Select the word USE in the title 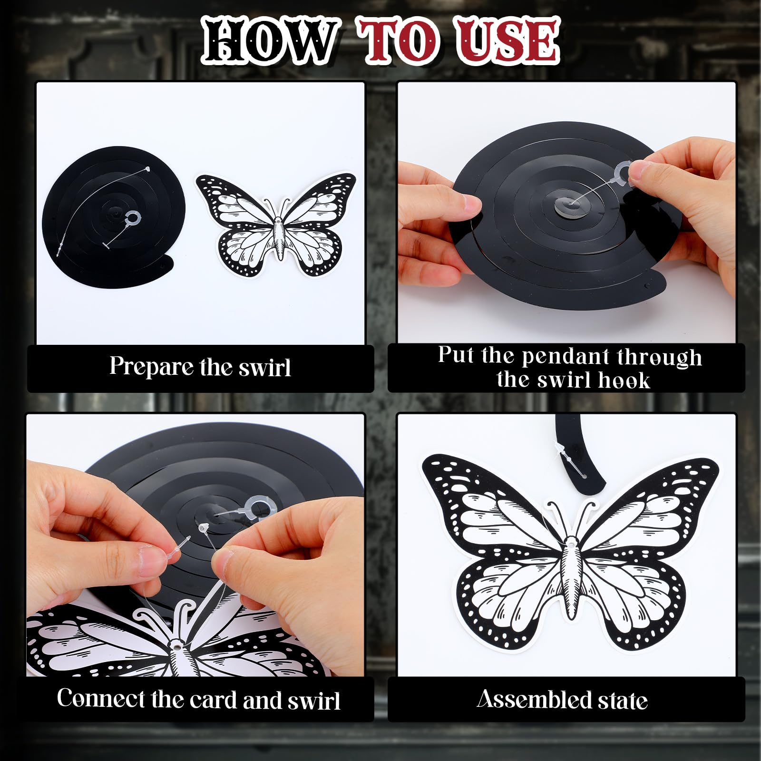(508, 40)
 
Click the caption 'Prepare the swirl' (200, 367)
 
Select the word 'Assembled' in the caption (534, 700)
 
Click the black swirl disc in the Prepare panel (114, 217)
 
